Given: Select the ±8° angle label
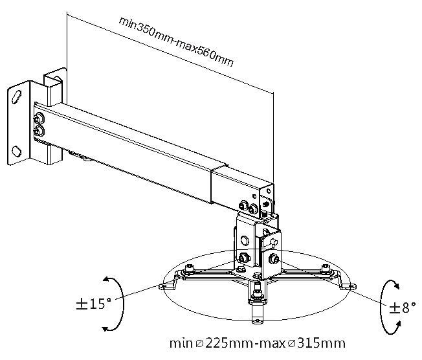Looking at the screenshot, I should [x=399, y=308].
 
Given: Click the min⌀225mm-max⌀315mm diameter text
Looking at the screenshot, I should [x=258, y=342].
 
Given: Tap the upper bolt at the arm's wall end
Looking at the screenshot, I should [x=40, y=118].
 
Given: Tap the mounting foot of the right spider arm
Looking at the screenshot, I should [x=350, y=285].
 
